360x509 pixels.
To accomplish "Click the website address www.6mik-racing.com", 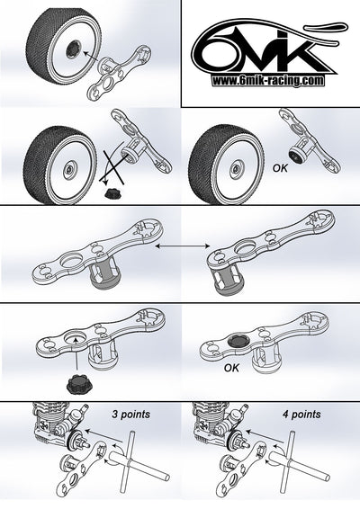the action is click(268, 80).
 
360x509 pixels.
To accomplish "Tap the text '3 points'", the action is click(130, 415).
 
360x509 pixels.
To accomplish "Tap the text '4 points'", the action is click(301, 415).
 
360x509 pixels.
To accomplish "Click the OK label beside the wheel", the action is click(280, 168).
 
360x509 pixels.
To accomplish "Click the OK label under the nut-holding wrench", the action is click(231, 368).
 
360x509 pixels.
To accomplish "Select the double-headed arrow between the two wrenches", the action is click(183, 246).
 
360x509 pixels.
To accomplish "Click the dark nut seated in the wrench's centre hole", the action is click(238, 340).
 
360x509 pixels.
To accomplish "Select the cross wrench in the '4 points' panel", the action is click(299, 461).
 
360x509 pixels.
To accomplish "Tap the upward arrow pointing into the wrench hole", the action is click(76, 353).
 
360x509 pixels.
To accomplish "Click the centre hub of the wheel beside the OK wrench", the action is click(235, 169).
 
